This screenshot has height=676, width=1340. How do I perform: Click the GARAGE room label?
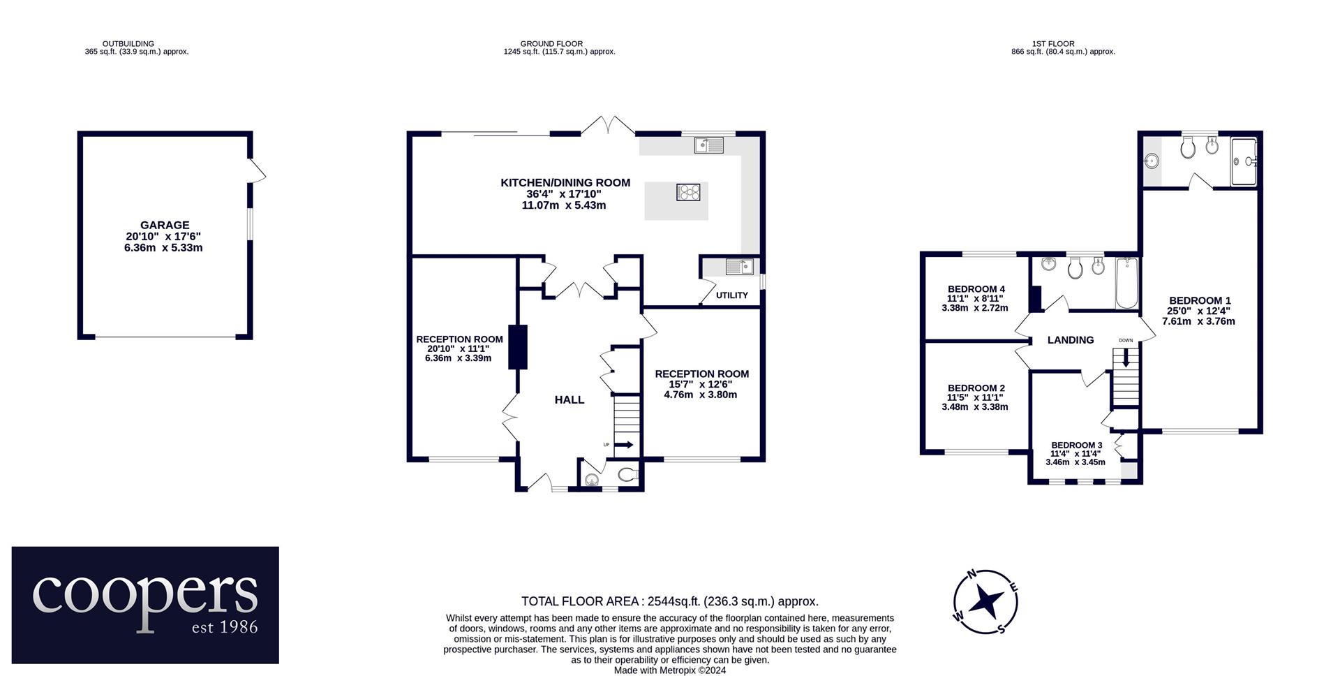point(165,225)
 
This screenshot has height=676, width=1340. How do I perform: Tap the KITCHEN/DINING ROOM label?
point(565,183)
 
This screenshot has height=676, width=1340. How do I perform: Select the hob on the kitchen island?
point(688,192)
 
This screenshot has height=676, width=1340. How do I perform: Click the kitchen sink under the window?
point(709,145)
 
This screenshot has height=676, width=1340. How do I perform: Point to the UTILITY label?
point(732,295)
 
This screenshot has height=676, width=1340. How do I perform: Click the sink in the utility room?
point(739,266)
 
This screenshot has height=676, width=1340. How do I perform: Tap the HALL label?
point(569,400)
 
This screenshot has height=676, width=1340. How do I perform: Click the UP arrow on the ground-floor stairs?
point(624,445)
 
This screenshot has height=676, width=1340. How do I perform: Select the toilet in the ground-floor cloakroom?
point(628,476)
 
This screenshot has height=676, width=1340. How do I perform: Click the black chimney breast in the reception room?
point(517,347)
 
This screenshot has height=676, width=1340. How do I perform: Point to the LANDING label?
point(1071,340)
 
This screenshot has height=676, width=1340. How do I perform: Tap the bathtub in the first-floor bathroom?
point(1126,284)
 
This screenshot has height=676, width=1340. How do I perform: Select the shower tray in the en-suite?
point(1244,161)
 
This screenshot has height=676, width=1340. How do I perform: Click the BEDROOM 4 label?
point(976,289)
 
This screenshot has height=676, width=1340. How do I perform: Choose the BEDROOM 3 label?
point(1077,446)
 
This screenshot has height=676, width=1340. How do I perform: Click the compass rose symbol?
point(985,601)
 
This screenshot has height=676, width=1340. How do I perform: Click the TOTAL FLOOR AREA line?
point(670,601)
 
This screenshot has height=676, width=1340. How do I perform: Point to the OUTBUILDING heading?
point(128,43)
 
